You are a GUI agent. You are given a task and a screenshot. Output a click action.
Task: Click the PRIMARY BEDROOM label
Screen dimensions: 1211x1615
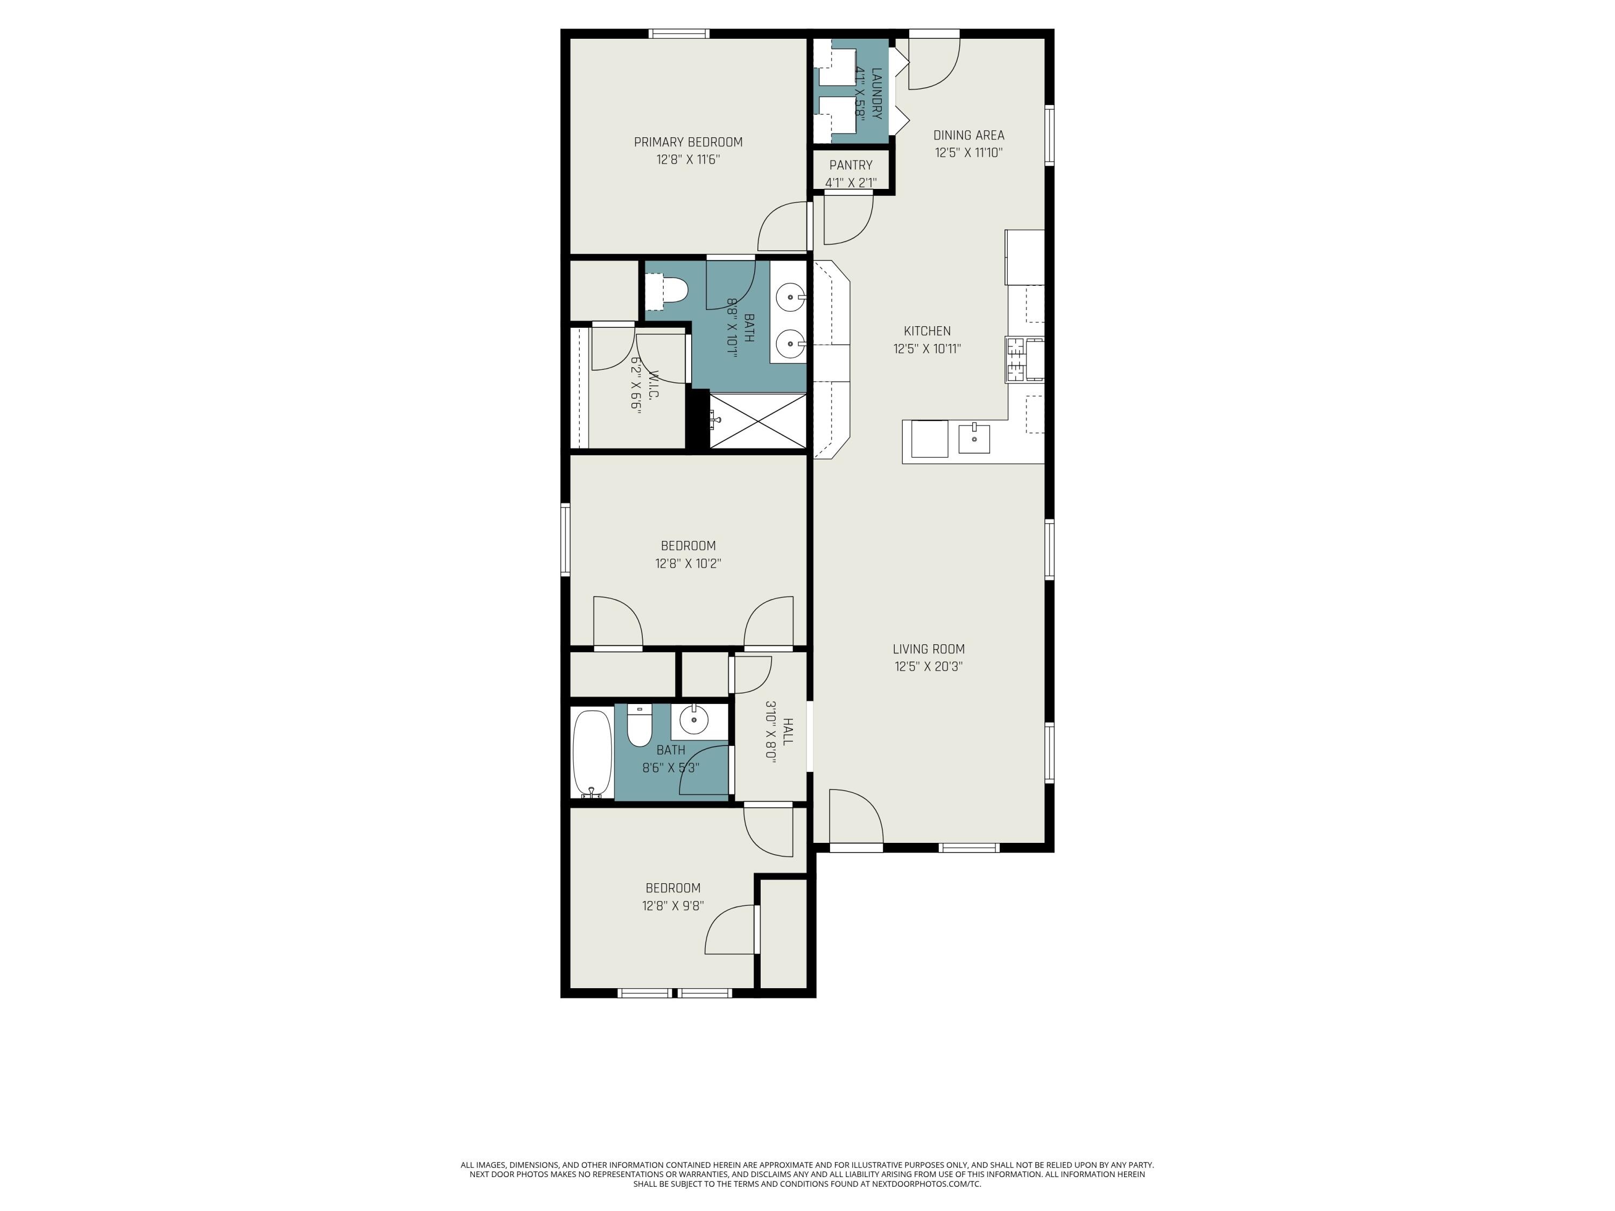coord(688,142)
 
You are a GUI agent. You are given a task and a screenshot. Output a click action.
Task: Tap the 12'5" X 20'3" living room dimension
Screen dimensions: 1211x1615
coord(928,666)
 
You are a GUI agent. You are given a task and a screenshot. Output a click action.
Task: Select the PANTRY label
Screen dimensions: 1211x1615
coord(851,165)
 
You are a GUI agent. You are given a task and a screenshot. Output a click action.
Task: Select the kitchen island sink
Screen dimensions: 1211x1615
coord(974,439)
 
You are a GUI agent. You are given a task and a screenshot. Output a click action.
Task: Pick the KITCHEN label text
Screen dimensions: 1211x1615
coord(927,330)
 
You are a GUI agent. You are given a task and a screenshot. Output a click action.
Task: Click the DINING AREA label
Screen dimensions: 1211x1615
coord(968,135)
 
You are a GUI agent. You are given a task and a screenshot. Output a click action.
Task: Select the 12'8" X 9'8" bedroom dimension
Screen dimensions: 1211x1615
coord(672,906)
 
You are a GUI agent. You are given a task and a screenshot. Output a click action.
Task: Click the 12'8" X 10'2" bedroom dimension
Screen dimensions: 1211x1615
coord(688,564)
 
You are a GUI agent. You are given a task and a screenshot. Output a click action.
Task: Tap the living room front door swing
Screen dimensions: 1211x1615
coord(854,815)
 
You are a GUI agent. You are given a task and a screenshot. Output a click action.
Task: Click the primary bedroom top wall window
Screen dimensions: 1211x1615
coord(679,33)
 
